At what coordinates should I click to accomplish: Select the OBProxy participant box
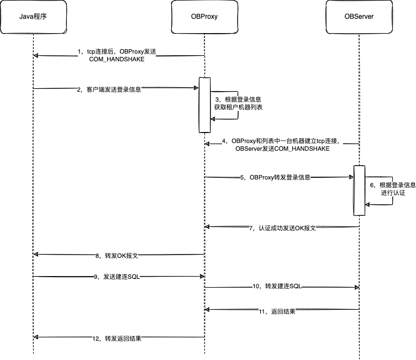point(203,17)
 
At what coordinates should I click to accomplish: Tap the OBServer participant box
point(359,17)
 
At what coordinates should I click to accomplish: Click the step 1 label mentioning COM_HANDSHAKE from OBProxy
point(117,55)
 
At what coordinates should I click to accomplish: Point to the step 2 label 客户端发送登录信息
point(109,89)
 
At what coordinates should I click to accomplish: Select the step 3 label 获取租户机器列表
point(238,103)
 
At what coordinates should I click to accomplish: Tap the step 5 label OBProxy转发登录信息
point(275,178)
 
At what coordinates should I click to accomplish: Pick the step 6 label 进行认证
point(393,189)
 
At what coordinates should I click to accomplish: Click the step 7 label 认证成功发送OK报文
point(282,228)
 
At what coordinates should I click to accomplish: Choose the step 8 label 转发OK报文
point(116,256)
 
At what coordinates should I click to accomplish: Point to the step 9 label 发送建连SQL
point(117,277)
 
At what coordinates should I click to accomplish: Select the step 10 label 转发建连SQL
point(277,286)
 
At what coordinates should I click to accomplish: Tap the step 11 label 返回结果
point(277,311)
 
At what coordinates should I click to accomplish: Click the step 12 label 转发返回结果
point(117,338)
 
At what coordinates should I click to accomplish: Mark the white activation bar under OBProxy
point(202,105)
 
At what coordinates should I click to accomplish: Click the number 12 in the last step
point(96,338)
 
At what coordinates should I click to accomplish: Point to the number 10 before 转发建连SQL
point(256,286)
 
